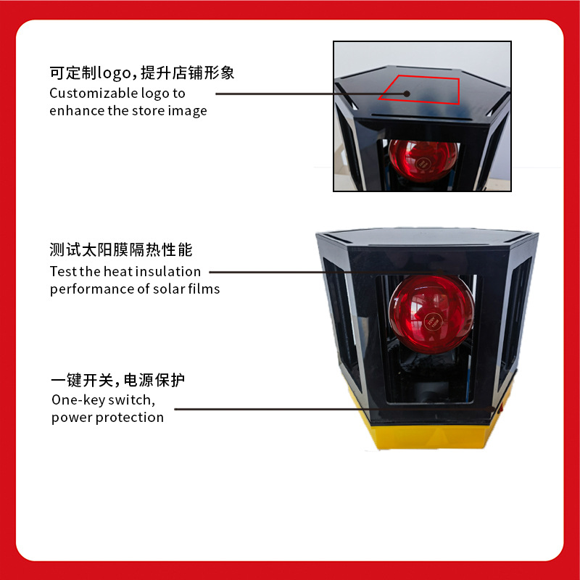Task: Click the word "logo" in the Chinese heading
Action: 115,73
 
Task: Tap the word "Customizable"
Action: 88,94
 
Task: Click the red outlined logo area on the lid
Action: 419,89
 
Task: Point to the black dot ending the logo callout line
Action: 407,94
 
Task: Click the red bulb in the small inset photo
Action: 423,159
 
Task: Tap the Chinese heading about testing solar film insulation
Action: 121,249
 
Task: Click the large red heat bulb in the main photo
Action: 431,314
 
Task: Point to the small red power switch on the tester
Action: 500,408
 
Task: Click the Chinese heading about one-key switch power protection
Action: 117,380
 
